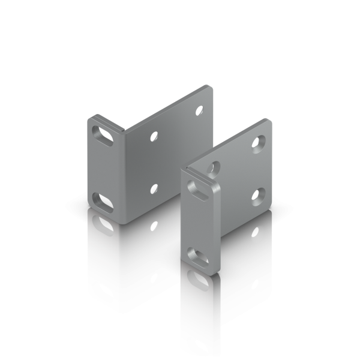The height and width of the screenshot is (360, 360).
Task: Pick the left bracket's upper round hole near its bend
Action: [155, 137]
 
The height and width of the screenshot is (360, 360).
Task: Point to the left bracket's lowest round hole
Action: [155, 188]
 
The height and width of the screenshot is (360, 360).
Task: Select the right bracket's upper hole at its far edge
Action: [258, 142]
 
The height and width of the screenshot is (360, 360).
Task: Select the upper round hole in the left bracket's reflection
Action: [154, 224]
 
